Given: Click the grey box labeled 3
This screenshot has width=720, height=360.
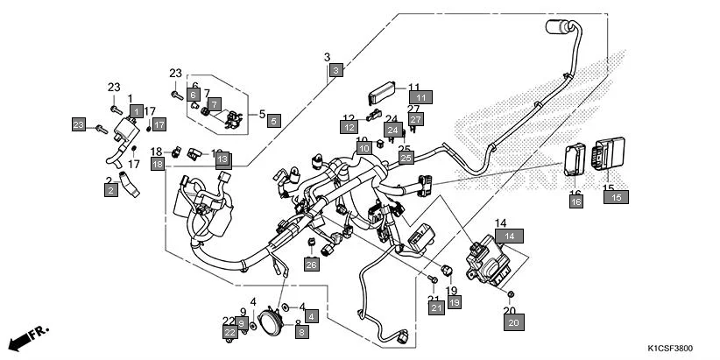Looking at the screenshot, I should pyautogui.click(x=335, y=69).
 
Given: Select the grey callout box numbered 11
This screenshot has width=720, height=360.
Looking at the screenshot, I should pyautogui.click(x=420, y=97).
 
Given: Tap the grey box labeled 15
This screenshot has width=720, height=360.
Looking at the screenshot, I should pyautogui.click(x=615, y=198).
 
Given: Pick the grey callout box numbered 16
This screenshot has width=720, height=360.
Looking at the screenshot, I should pyautogui.click(x=575, y=202).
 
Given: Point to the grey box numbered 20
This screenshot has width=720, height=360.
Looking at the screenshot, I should pyautogui.click(x=513, y=322).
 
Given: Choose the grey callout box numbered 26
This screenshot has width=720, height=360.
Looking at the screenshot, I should pyautogui.click(x=311, y=265).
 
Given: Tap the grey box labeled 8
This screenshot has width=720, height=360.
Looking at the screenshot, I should pyautogui.click(x=301, y=331).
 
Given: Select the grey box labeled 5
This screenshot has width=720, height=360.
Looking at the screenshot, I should pyautogui.click(x=273, y=121).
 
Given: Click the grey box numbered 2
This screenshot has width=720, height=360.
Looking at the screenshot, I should pyautogui.click(x=111, y=190).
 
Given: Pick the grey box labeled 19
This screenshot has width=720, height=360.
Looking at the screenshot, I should pyautogui.click(x=454, y=302).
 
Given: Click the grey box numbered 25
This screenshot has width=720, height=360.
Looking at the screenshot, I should pyautogui.click(x=406, y=159).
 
